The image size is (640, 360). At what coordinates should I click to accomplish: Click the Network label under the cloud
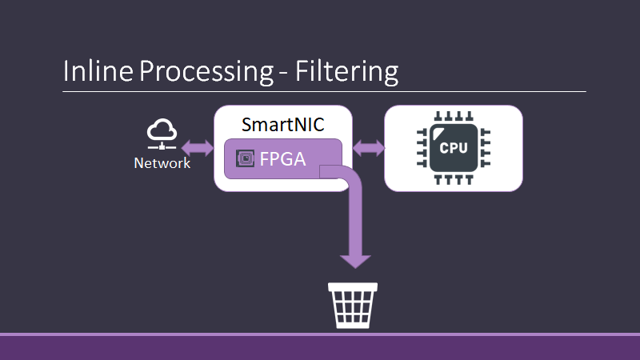tap(162, 163)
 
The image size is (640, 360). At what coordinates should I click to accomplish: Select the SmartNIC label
tap(282, 126)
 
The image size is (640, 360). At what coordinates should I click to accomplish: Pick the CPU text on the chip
tap(454, 149)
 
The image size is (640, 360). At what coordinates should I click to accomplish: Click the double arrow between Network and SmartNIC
tap(198, 148)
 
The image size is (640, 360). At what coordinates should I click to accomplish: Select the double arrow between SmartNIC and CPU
tap(369, 148)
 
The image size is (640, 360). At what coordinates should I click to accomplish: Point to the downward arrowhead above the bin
tap(355, 258)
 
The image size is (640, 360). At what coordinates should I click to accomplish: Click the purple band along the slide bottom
tap(320, 346)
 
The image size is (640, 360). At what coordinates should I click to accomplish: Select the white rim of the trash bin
tap(353, 288)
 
